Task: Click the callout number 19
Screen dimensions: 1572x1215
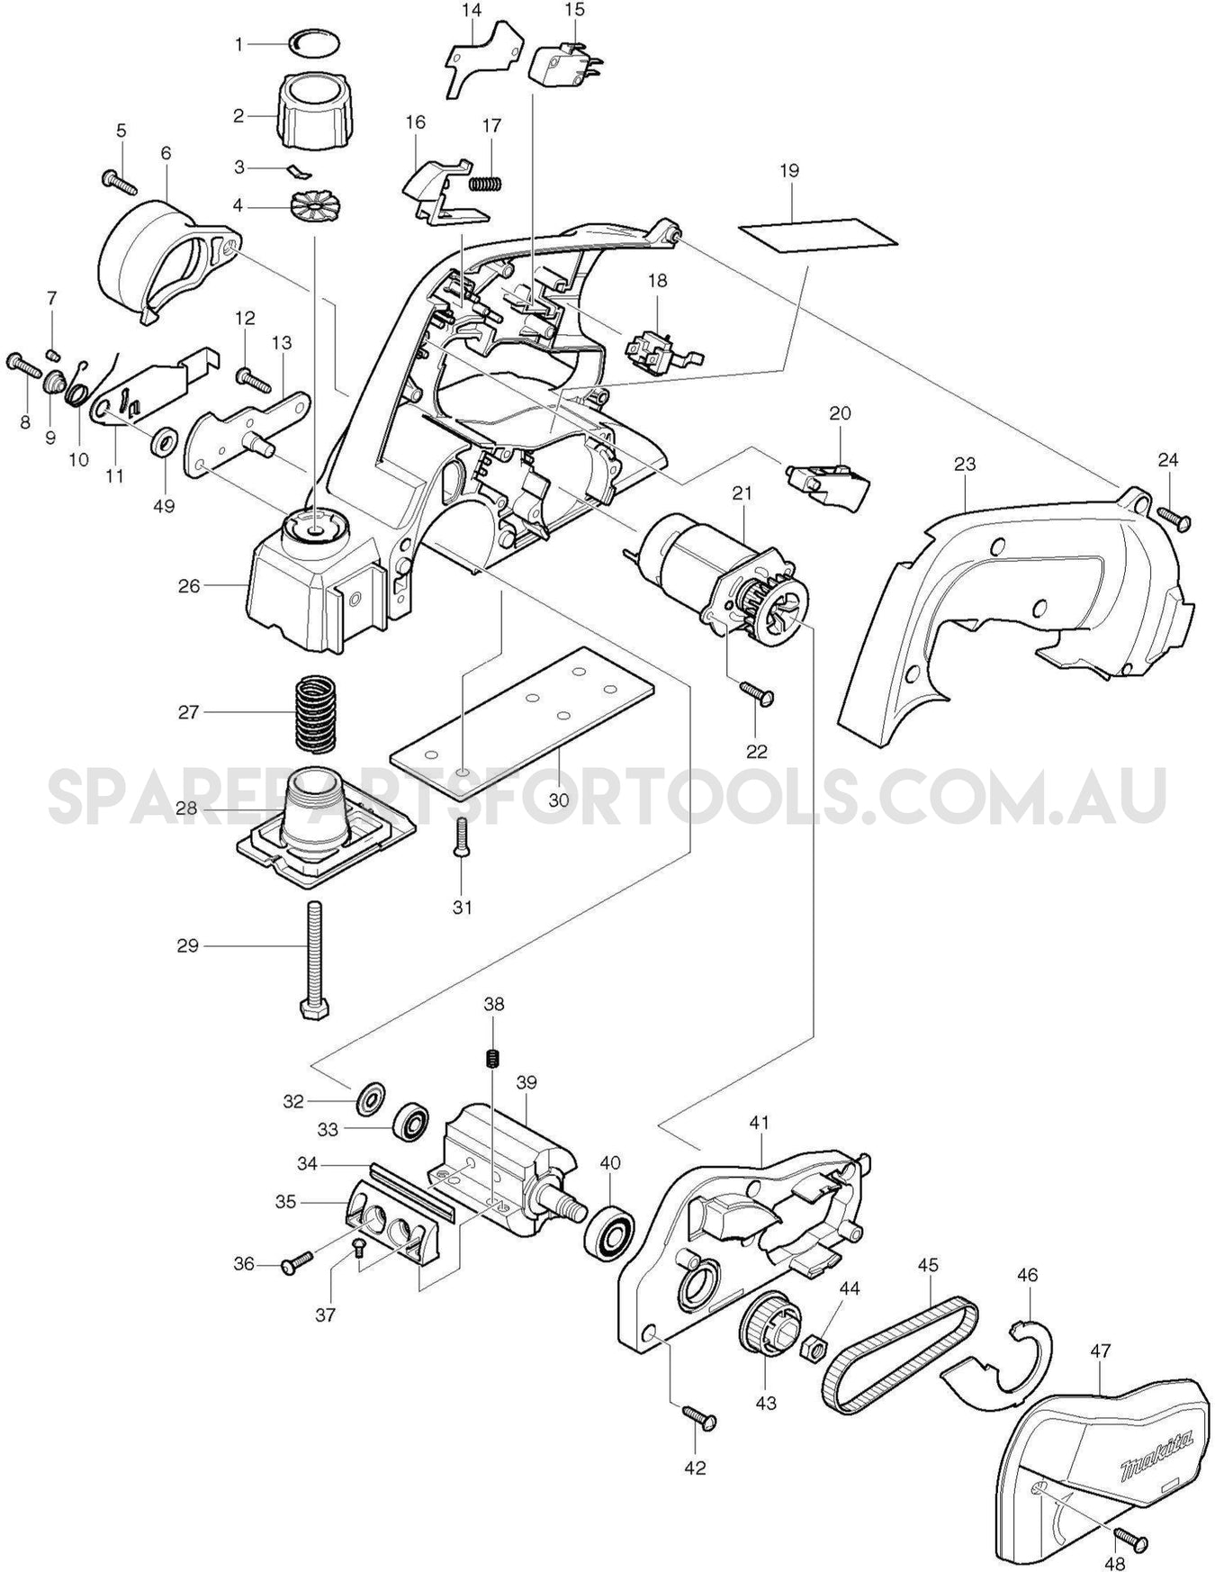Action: (x=789, y=170)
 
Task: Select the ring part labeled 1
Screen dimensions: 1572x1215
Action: (x=314, y=41)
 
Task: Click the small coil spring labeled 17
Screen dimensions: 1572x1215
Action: (x=487, y=183)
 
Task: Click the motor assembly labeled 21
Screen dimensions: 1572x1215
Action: (x=720, y=572)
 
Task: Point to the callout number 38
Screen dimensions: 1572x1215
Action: (x=493, y=1003)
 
